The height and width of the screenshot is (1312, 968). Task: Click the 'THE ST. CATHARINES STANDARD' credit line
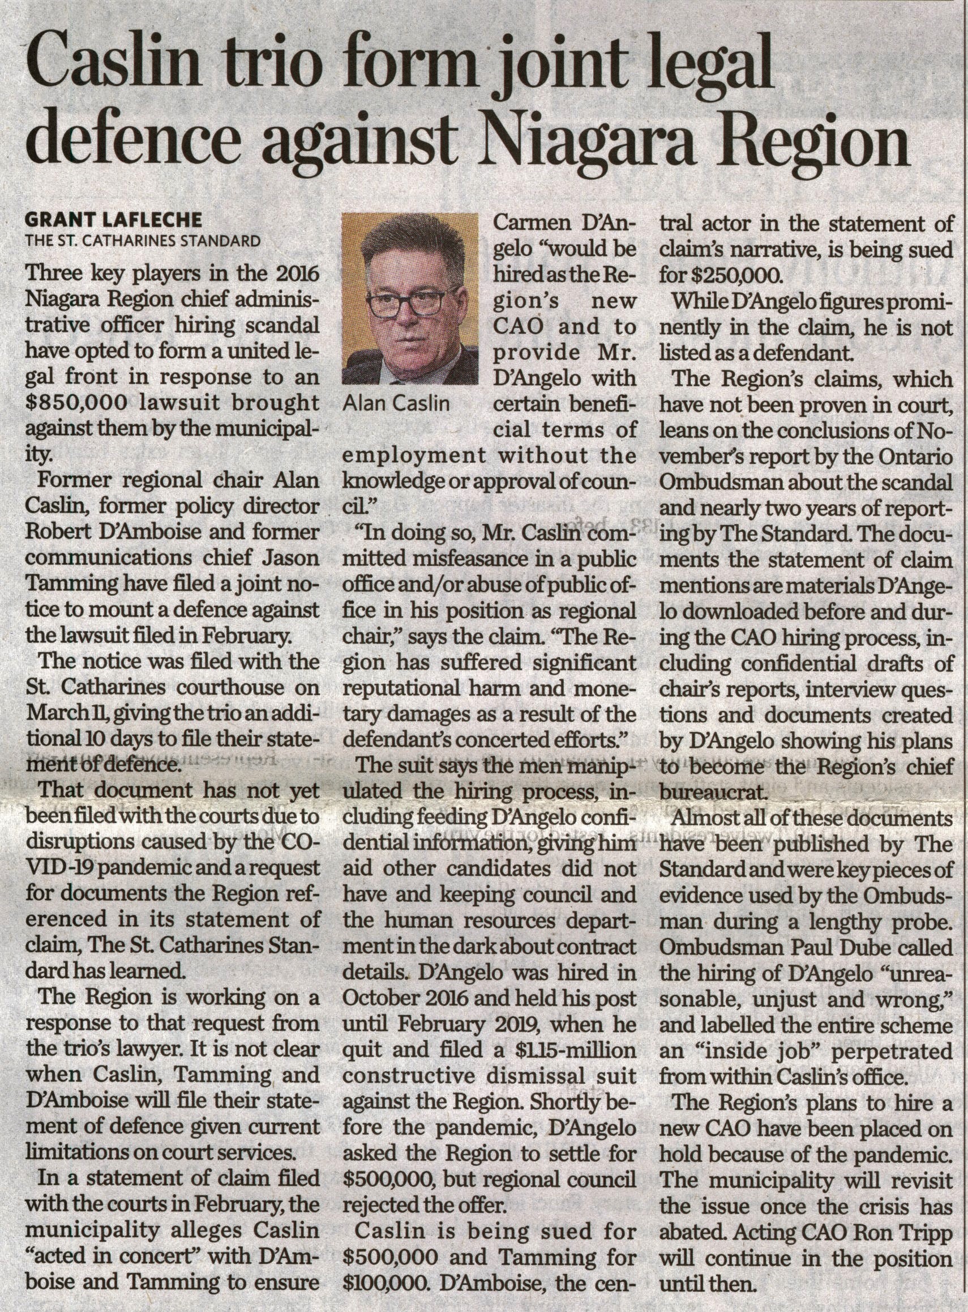(x=143, y=240)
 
